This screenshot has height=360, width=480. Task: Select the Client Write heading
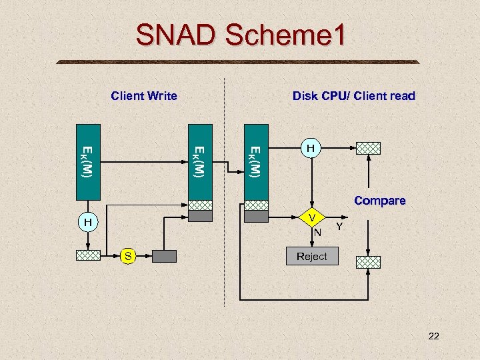point(144,96)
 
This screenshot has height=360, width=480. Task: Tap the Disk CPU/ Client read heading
point(353,96)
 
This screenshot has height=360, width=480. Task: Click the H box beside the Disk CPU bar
point(310,147)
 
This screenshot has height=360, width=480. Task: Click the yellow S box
point(129,256)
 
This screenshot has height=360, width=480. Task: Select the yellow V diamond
point(311,217)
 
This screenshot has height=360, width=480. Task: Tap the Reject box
point(311,257)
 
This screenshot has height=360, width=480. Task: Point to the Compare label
point(379,201)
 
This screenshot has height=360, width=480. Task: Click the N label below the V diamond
point(318,233)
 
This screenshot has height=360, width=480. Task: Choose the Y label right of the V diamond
point(339,228)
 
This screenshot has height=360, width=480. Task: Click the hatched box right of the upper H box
point(368,148)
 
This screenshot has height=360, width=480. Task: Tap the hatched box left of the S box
point(87,256)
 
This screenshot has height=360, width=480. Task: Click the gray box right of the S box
point(164,256)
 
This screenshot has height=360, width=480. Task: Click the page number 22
point(433,337)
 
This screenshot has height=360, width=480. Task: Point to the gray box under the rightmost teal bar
point(255,216)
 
